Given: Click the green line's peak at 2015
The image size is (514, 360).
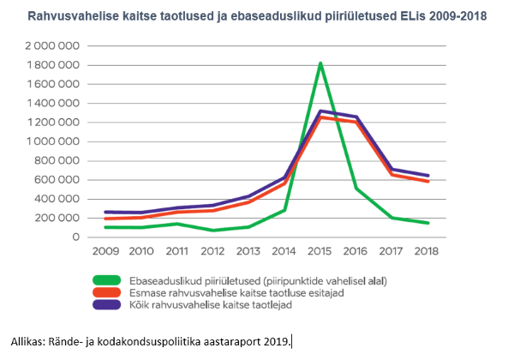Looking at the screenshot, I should pos(320,63).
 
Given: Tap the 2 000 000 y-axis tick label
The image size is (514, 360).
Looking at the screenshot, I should pos(51,46).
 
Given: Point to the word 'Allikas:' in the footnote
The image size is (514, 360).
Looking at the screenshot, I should pos(30,341).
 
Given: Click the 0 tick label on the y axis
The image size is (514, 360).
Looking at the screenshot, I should pos(75,237).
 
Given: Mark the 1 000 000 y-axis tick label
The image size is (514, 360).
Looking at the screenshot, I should pos(51,141).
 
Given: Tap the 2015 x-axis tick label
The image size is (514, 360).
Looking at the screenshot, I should pos(320,252).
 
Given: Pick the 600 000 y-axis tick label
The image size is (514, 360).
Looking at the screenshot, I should pos(57,180).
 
